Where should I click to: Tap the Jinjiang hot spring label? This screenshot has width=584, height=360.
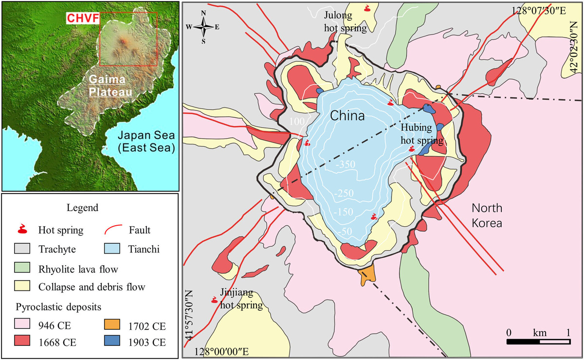pos(241,301)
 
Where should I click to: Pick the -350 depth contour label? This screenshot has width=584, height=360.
pos(346,165)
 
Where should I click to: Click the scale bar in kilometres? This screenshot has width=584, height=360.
pos(538,342)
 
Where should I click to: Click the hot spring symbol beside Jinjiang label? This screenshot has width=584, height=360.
pos(214,301)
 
